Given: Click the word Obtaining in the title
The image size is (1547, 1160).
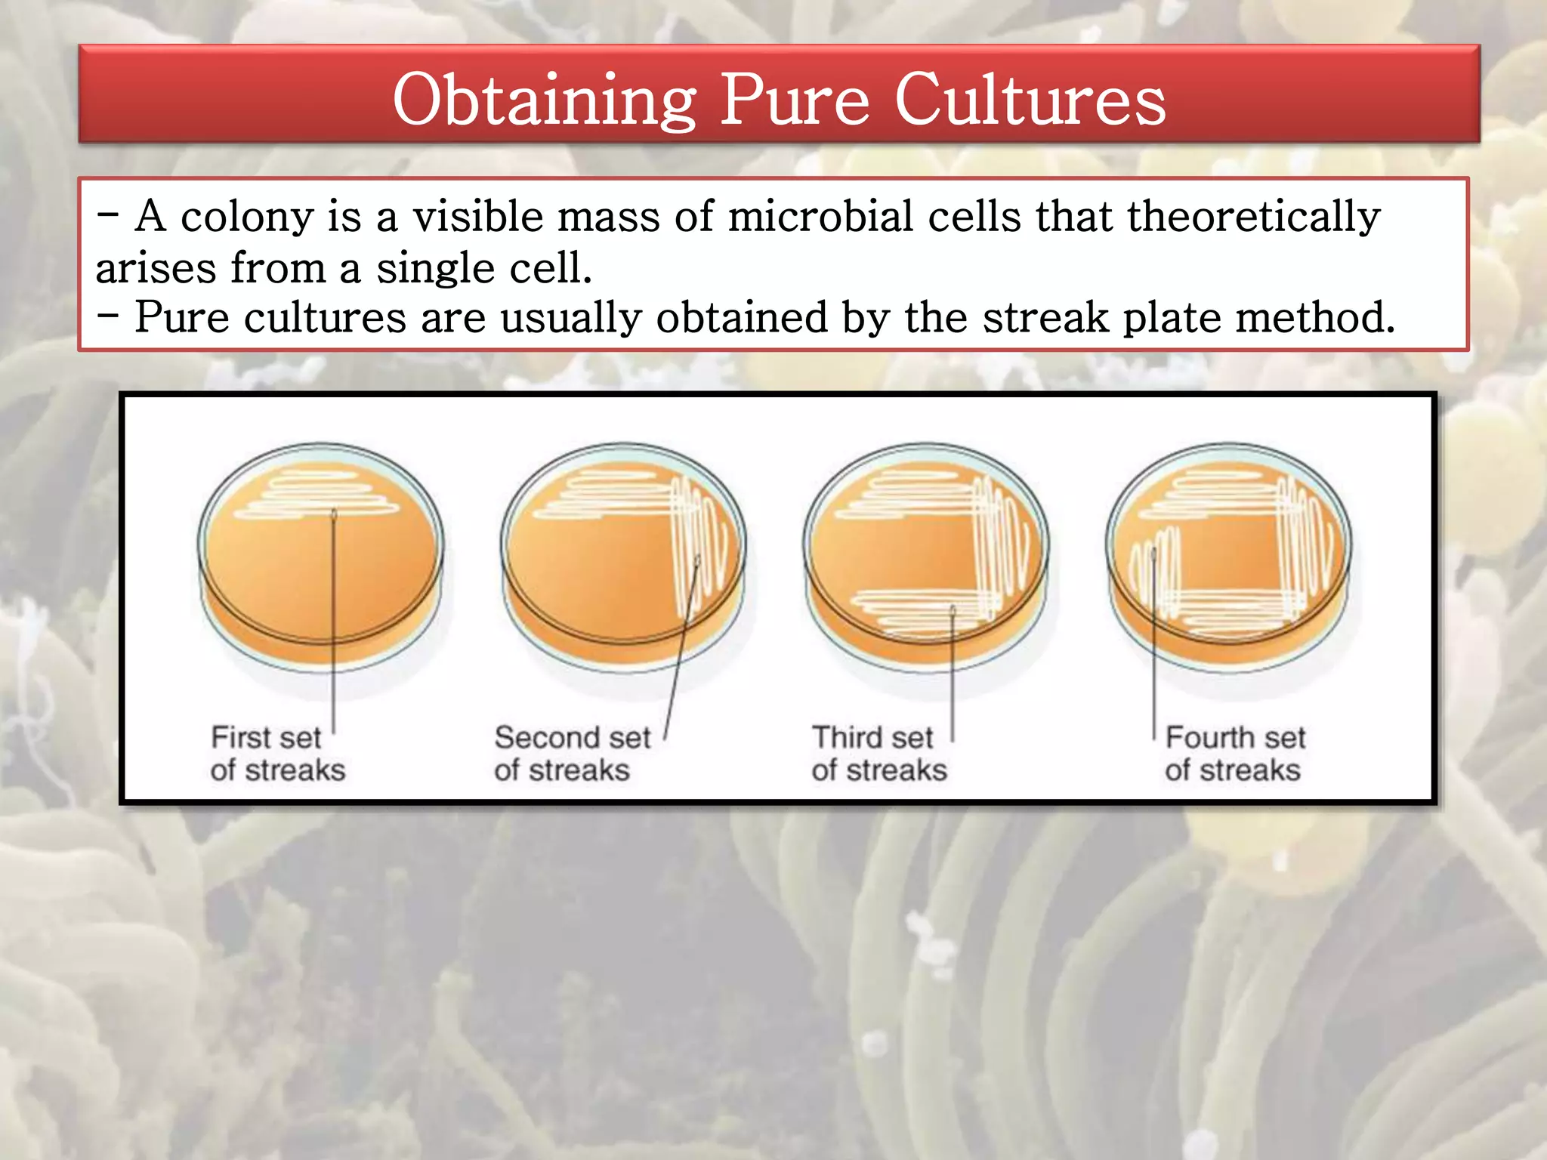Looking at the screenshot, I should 544,100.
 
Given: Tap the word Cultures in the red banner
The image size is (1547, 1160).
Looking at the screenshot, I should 1030,100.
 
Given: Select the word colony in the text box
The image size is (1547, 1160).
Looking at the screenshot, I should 246,217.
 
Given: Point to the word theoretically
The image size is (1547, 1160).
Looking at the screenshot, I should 1254,217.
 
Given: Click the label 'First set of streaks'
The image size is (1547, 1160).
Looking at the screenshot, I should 276,754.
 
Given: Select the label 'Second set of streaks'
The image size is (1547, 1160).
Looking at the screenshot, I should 571,754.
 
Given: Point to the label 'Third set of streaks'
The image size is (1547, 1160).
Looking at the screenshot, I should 878,754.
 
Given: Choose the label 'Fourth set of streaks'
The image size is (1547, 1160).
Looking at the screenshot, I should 1234,754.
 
